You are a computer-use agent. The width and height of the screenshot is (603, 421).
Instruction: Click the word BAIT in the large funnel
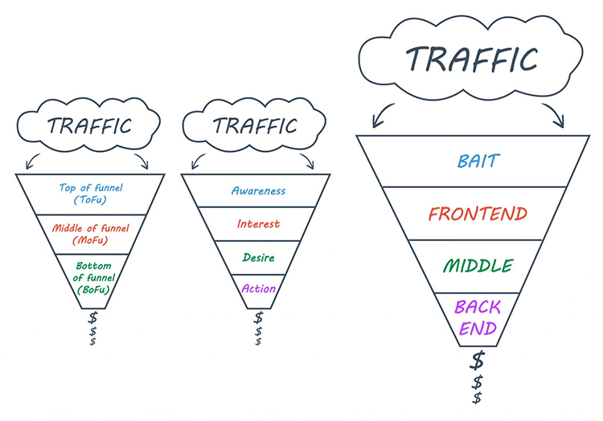[478, 161]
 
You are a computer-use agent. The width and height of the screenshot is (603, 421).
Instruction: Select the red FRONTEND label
[478, 214]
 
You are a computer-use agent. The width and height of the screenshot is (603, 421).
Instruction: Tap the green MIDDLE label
[478, 266]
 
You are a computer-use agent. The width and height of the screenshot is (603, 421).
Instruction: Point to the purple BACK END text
[478, 317]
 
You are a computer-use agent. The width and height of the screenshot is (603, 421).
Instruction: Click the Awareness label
[258, 191]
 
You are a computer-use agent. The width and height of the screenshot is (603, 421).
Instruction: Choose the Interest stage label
[258, 224]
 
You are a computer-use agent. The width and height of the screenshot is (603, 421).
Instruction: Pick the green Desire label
[258, 258]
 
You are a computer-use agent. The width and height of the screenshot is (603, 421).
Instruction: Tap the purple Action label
[258, 288]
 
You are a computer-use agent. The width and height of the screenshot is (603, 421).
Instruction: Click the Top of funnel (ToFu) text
[89, 194]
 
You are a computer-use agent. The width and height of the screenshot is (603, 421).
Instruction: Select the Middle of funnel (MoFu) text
[89, 234]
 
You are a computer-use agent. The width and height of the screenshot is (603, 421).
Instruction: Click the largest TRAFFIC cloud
[471, 59]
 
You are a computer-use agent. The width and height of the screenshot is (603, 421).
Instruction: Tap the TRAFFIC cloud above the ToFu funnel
[88, 126]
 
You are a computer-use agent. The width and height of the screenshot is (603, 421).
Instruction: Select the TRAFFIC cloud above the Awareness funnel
[255, 126]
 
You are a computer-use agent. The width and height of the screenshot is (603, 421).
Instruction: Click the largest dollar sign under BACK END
[478, 359]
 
